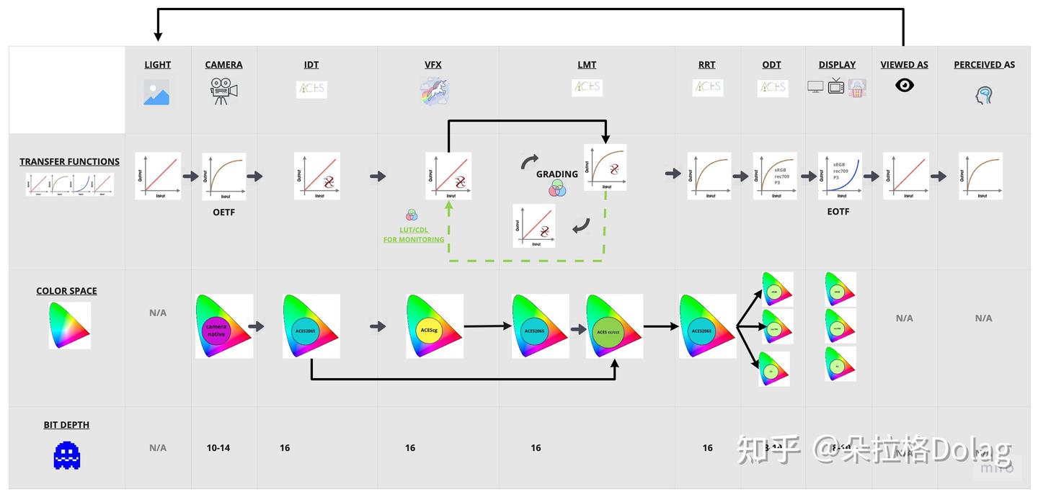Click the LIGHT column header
click(x=157, y=65)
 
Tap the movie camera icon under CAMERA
click(x=223, y=91)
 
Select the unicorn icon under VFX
click(x=434, y=91)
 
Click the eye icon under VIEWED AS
click(x=905, y=86)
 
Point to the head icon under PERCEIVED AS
click(x=984, y=94)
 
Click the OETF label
click(x=223, y=212)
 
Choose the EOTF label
click(x=838, y=212)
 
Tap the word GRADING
click(x=556, y=174)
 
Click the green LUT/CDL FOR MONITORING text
click(x=414, y=235)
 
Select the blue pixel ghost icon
click(x=67, y=455)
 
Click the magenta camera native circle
click(x=216, y=330)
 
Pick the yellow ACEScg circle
click(x=428, y=331)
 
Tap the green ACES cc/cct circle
click(x=608, y=331)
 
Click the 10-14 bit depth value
click(x=218, y=448)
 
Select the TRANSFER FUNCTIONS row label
click(x=69, y=162)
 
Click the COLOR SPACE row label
click(x=66, y=291)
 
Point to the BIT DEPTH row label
click(x=66, y=425)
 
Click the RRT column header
click(x=706, y=65)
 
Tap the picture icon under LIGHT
click(x=156, y=93)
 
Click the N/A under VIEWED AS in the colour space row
click(x=904, y=318)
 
